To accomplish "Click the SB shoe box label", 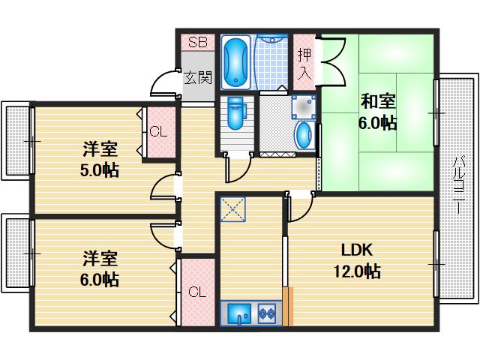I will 197,42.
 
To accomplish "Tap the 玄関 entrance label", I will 198,76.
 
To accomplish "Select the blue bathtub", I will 236,60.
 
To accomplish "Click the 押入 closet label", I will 304,64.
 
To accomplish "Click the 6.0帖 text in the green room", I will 378,123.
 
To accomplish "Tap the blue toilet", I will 235,112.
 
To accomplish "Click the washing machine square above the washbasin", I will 303,108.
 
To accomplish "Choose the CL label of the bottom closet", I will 196,291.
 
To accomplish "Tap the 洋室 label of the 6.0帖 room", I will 100,259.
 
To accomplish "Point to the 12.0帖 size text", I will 358,271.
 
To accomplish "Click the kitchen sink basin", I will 238,311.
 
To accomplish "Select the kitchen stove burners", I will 267,312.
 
